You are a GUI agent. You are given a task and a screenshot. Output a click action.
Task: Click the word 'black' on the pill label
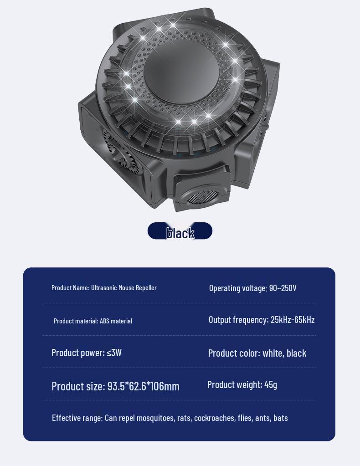[180, 233]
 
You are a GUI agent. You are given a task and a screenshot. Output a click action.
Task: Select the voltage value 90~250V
[283, 288]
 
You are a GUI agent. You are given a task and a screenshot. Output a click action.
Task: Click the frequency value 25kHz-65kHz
[293, 319]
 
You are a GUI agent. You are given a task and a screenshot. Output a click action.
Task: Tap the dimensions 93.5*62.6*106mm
[143, 386]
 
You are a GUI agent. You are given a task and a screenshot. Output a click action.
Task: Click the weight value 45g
[271, 384]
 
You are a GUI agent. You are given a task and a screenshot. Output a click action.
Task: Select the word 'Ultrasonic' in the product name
[104, 288]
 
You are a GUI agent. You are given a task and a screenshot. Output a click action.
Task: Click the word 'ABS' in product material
[105, 321]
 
